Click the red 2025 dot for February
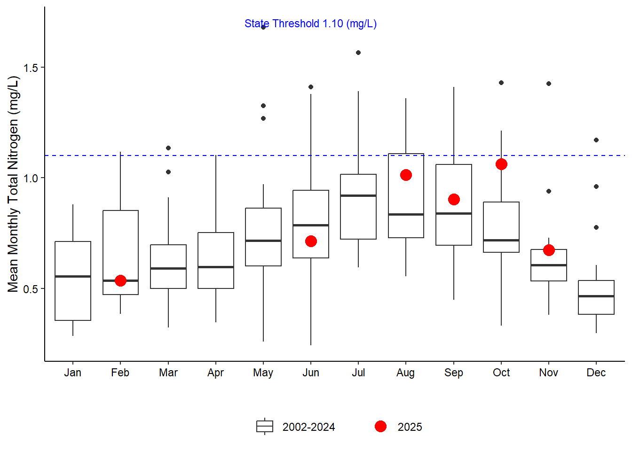click(x=120, y=280)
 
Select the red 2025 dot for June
click(x=311, y=241)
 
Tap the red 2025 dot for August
click(x=406, y=175)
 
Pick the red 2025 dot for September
click(x=454, y=199)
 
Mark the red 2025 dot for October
click(x=501, y=164)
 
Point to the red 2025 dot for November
click(x=549, y=250)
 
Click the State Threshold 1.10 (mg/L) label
click(x=310, y=23)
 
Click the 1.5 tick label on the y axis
click(x=31, y=68)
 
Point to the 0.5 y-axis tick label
click(x=31, y=289)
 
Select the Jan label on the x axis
click(x=73, y=373)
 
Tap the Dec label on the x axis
click(x=596, y=373)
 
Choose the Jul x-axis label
click(x=358, y=373)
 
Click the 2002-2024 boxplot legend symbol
click(x=265, y=426)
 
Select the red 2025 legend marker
click(x=381, y=426)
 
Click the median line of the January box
click(x=73, y=276)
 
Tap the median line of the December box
click(x=596, y=296)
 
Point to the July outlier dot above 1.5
click(x=358, y=53)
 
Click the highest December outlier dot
click(x=596, y=140)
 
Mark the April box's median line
click(x=216, y=267)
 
